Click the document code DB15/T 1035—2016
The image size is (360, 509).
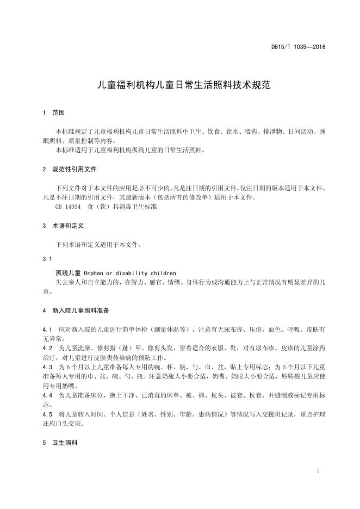click(298, 47)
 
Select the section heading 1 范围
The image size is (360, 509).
click(53, 113)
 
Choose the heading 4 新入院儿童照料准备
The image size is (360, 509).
click(76, 311)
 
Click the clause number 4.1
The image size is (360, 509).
click(47, 330)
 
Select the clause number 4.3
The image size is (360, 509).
click(47, 367)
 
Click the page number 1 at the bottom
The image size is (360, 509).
click(317, 471)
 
